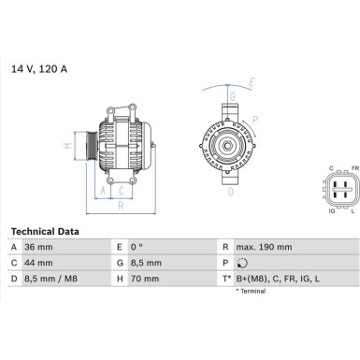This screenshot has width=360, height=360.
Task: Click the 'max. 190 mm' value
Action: pyautogui.click(x=265, y=247)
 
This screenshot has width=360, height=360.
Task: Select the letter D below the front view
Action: pyautogui.click(x=230, y=193)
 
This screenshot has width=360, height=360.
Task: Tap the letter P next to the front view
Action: pyautogui.click(x=254, y=120)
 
